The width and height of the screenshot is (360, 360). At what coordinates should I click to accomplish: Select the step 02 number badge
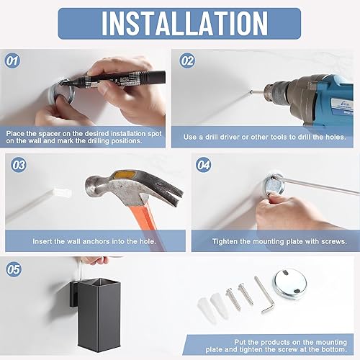(187, 60)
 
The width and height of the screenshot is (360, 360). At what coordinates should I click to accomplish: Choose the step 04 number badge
(204, 165)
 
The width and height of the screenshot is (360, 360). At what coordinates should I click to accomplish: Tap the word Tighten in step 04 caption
(226, 241)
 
